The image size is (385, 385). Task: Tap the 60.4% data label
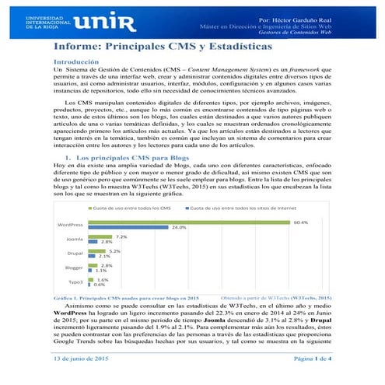(300, 222)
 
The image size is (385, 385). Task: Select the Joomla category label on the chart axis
(75, 240)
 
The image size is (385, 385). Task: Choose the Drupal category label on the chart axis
(75, 254)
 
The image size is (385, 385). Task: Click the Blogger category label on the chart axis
(74, 268)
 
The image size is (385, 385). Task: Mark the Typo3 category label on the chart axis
(75, 282)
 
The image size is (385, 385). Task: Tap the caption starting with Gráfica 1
(124, 298)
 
